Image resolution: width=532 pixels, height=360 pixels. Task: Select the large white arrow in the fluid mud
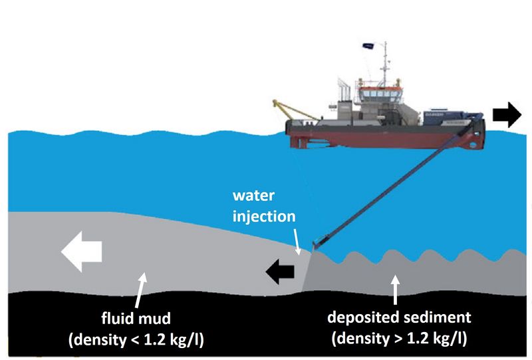81,252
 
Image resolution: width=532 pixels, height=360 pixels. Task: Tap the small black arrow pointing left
280,270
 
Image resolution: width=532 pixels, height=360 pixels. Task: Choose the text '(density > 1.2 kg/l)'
398,338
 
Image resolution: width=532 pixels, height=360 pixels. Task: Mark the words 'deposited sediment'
398,317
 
